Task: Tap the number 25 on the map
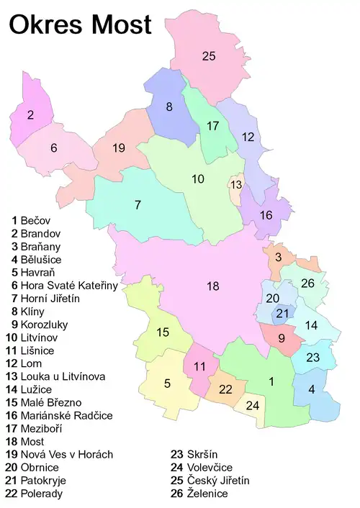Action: [x=209, y=56]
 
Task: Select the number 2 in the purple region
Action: [x=31, y=114]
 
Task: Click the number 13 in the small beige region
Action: [x=235, y=185]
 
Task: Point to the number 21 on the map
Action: [x=282, y=313]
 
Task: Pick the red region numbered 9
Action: [x=281, y=338]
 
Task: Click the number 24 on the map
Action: [x=253, y=406]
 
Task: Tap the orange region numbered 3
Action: [x=278, y=257]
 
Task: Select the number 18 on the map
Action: [x=212, y=286]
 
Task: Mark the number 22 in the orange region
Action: [x=225, y=389]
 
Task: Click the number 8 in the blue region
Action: [x=169, y=107]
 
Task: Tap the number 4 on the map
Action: [x=312, y=389]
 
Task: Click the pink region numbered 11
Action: [x=199, y=367]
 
